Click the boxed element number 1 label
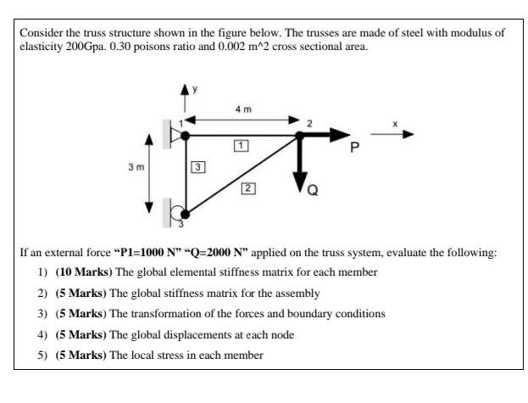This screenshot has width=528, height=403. pos(242,146)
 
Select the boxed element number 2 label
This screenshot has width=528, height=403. pos(247,188)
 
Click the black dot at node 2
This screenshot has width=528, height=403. pos(299,134)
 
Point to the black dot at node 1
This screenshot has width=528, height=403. pos(186,134)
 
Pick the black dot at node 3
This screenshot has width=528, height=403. pos(186,215)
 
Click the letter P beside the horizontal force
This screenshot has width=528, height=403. pos(356,147)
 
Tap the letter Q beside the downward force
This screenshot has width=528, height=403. pos(313,191)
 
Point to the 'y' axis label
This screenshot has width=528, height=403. pos(195,87)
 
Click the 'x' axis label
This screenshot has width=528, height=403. pos(394,124)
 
